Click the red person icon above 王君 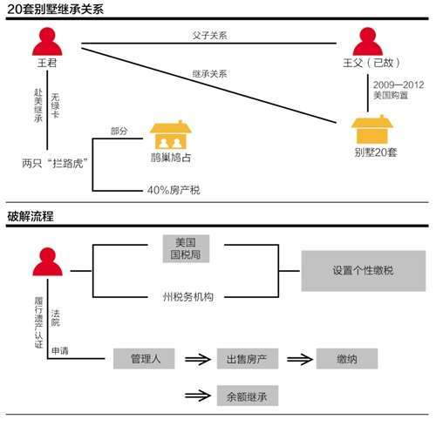coord(47,41)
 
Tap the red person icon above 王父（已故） coord(368,41)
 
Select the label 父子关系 coord(209,36)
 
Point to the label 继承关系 coord(209,74)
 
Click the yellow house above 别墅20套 coord(372,130)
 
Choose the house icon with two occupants coord(171,135)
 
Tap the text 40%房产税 coord(174,190)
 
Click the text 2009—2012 coord(399,85)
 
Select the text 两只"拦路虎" coord(55,163)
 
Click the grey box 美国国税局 coord(186,248)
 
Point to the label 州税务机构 coord(188,297)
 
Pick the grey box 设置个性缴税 coord(364,271)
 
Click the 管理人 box coord(144,359)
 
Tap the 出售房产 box coord(248,359)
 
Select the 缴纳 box coord(347,359)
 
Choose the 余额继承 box coord(248,396)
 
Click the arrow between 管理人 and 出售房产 coord(198,359)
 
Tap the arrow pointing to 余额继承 coord(198,396)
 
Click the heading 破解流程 coord(31,216)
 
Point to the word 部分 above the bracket coord(119,131)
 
